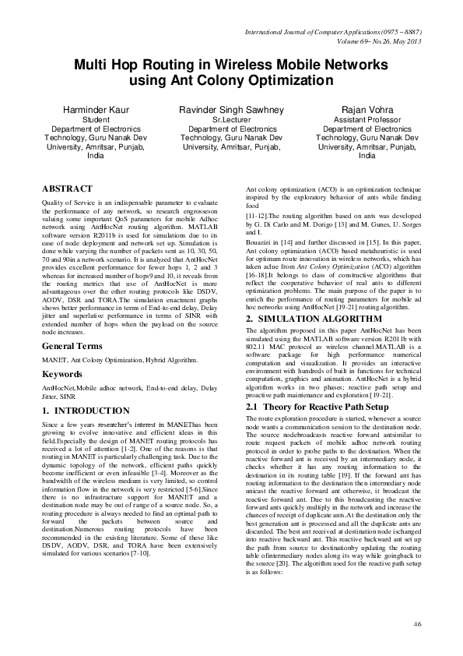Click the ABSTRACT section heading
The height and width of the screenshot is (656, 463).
coord(67,189)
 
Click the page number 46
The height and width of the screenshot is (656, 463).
coord(417,624)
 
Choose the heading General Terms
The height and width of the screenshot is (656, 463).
coord(75,344)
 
